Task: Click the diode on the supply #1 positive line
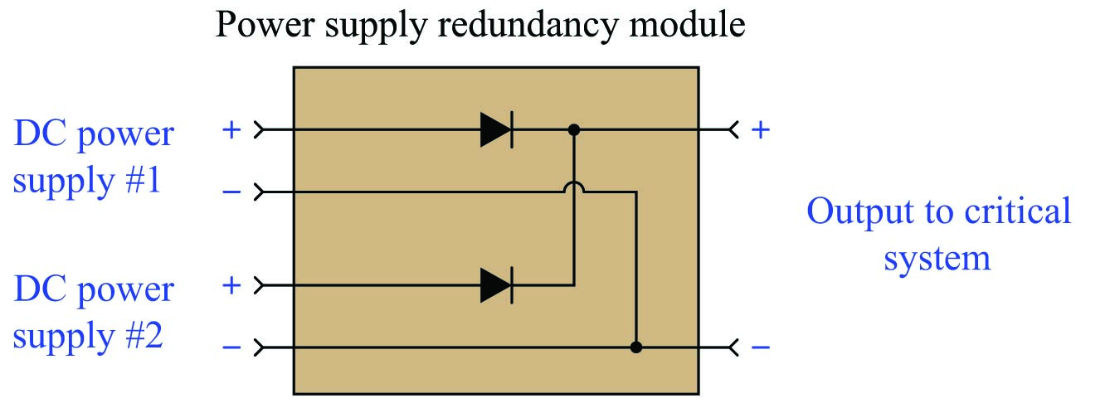point(496,130)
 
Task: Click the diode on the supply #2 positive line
point(496,286)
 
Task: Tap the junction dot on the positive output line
point(572,130)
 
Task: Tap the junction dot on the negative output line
point(636,347)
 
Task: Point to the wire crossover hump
point(572,191)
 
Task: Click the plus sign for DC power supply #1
point(231,130)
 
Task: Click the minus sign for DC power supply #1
point(231,193)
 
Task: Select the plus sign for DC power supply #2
point(231,286)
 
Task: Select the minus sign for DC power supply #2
point(231,347)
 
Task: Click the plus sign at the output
point(760,130)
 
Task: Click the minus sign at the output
point(760,347)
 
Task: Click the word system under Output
point(937,258)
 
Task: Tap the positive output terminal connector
point(732,130)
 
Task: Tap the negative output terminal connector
point(732,347)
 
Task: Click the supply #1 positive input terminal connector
point(260,130)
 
